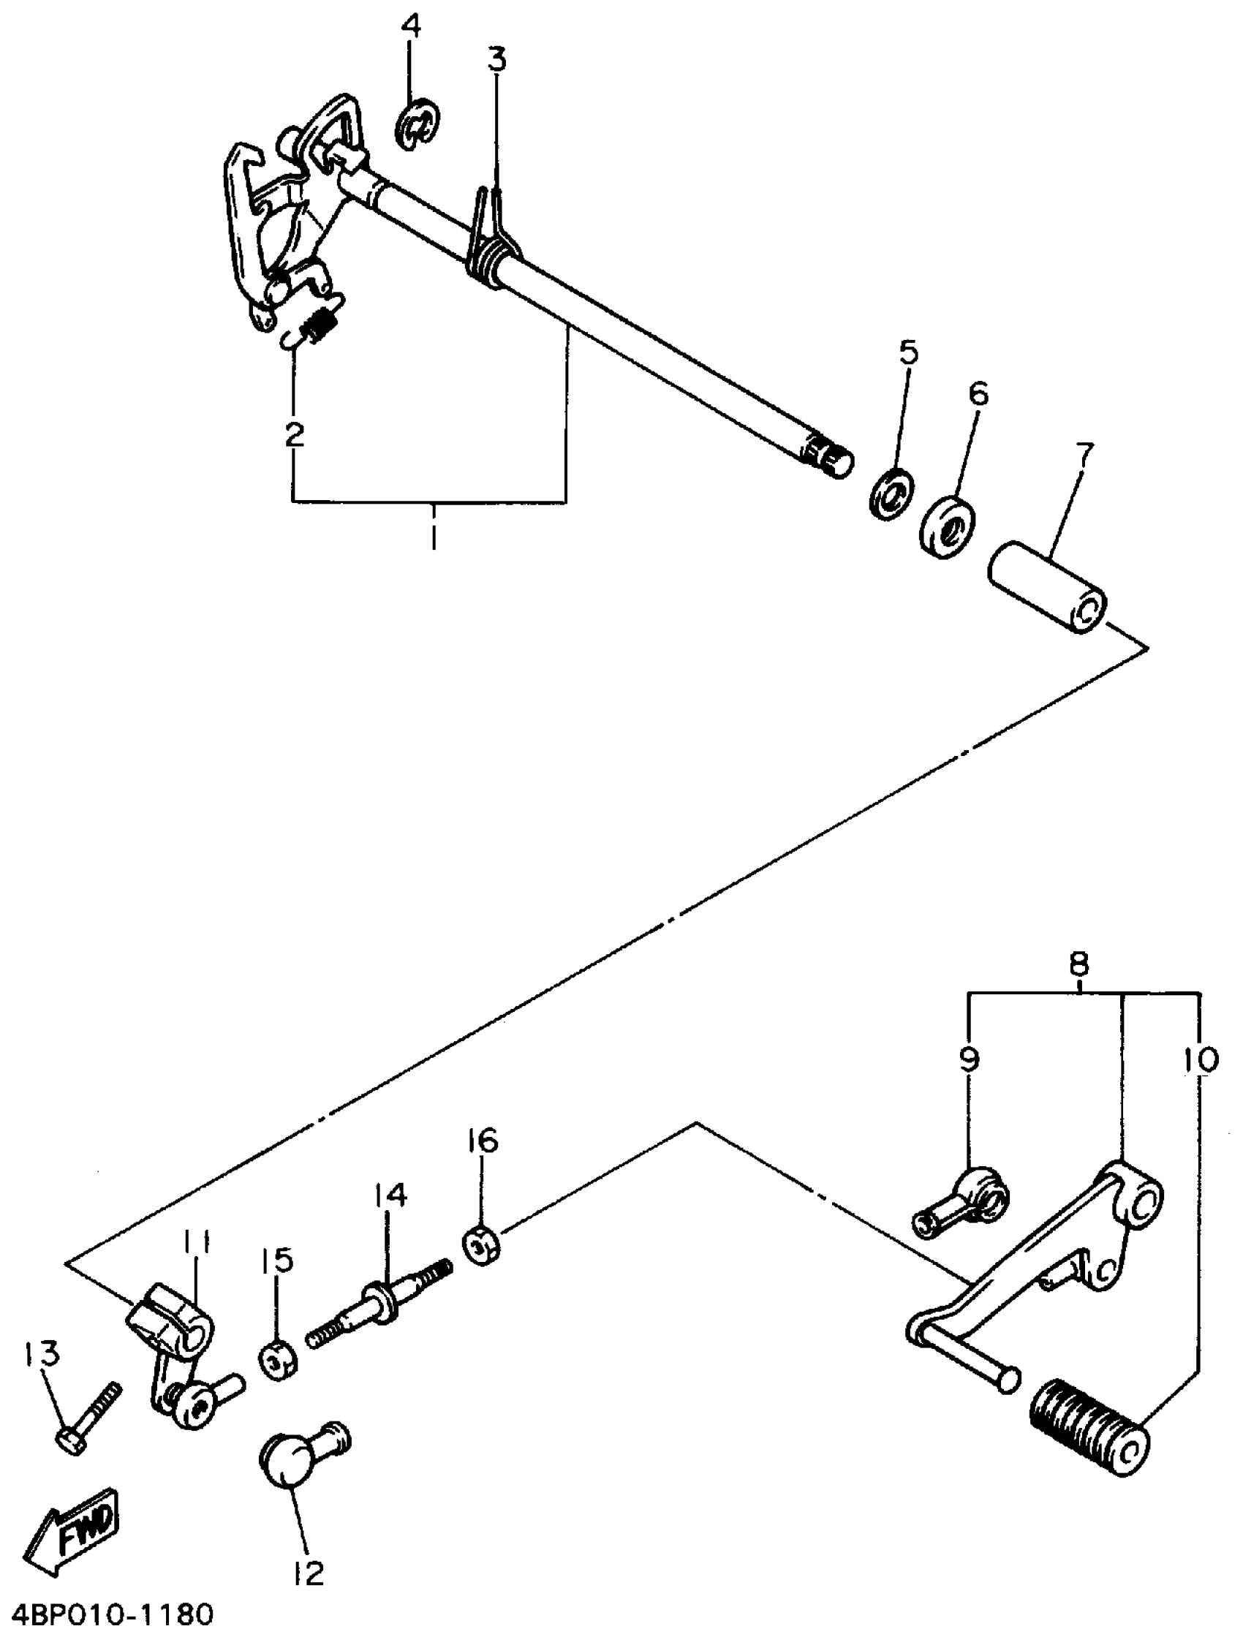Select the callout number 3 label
point(496,58)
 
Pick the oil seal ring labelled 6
point(948,529)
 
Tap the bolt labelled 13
point(87,1416)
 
